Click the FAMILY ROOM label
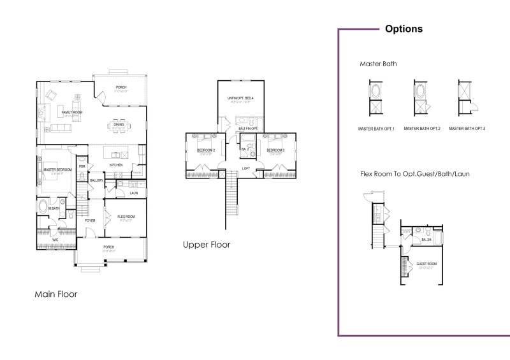point(72,112)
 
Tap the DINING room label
point(119,124)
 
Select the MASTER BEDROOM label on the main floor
point(57,170)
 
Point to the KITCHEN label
point(116,165)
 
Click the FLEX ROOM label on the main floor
point(126,217)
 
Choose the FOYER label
point(90,220)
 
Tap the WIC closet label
point(55,240)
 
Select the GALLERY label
point(96,180)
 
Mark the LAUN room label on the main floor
point(134,192)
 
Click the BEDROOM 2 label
point(205,150)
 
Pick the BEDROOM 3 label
point(275,150)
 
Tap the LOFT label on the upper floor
point(245,169)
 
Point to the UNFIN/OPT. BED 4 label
point(241,98)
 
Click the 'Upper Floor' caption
point(206,245)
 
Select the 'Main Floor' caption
point(55,294)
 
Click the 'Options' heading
point(404,29)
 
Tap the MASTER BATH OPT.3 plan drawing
point(465,97)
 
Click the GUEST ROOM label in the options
point(426,263)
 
